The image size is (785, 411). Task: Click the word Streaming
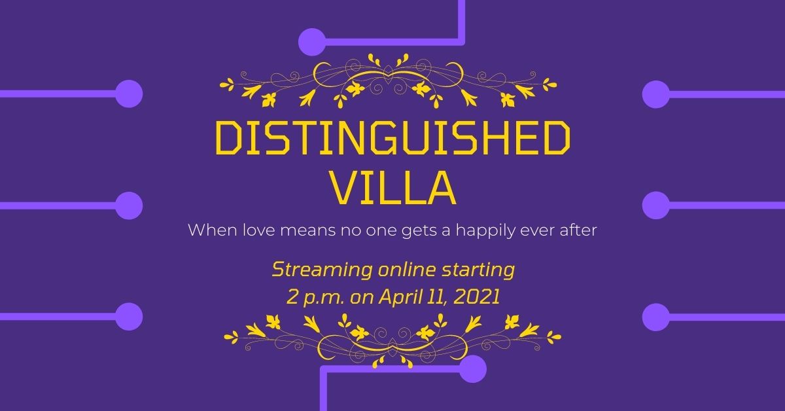[323, 270]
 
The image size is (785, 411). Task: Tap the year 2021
[476, 297]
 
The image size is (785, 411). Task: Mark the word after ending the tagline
[576, 230]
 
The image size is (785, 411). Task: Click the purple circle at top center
[312, 42]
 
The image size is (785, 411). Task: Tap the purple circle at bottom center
[473, 369]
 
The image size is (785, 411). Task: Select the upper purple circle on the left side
[129, 94]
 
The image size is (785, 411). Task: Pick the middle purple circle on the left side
[129, 205]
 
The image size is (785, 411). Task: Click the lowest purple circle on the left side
[129, 317]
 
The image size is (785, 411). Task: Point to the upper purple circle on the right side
[656, 94]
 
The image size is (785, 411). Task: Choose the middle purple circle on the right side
[656, 205]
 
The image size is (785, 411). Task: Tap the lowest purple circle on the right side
[656, 317]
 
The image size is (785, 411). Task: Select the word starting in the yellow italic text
[478, 270]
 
